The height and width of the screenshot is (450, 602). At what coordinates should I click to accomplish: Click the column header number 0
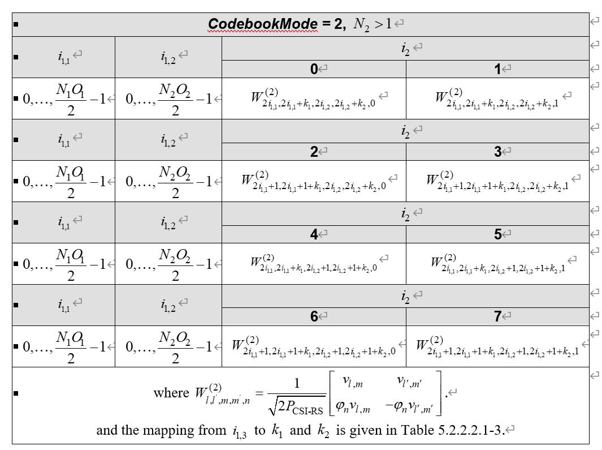pyautogui.click(x=314, y=69)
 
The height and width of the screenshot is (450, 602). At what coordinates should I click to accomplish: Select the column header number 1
pyautogui.click(x=497, y=69)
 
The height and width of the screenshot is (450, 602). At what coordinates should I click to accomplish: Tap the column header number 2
pyautogui.click(x=314, y=152)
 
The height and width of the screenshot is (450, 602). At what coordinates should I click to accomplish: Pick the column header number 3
pyautogui.click(x=497, y=152)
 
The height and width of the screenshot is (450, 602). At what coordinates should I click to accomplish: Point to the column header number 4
pyautogui.click(x=314, y=234)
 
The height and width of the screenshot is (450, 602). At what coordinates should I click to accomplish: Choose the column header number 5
pyautogui.click(x=497, y=234)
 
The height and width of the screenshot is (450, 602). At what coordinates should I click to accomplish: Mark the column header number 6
pyautogui.click(x=314, y=317)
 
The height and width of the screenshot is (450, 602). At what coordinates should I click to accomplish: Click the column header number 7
pyautogui.click(x=497, y=317)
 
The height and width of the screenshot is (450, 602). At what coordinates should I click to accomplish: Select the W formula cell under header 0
pyautogui.click(x=314, y=98)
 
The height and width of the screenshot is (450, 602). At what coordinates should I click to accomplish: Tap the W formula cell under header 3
pyautogui.click(x=497, y=181)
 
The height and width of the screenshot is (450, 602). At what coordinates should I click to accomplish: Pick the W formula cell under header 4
pyautogui.click(x=314, y=264)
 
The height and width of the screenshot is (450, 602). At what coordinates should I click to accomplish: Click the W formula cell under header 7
pyautogui.click(x=497, y=346)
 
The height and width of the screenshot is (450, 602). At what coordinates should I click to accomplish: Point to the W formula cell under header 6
pyautogui.click(x=314, y=346)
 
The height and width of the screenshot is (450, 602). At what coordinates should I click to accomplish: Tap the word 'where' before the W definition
pyautogui.click(x=171, y=393)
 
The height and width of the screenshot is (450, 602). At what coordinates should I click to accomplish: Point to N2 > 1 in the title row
pyautogui.click(x=373, y=24)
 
